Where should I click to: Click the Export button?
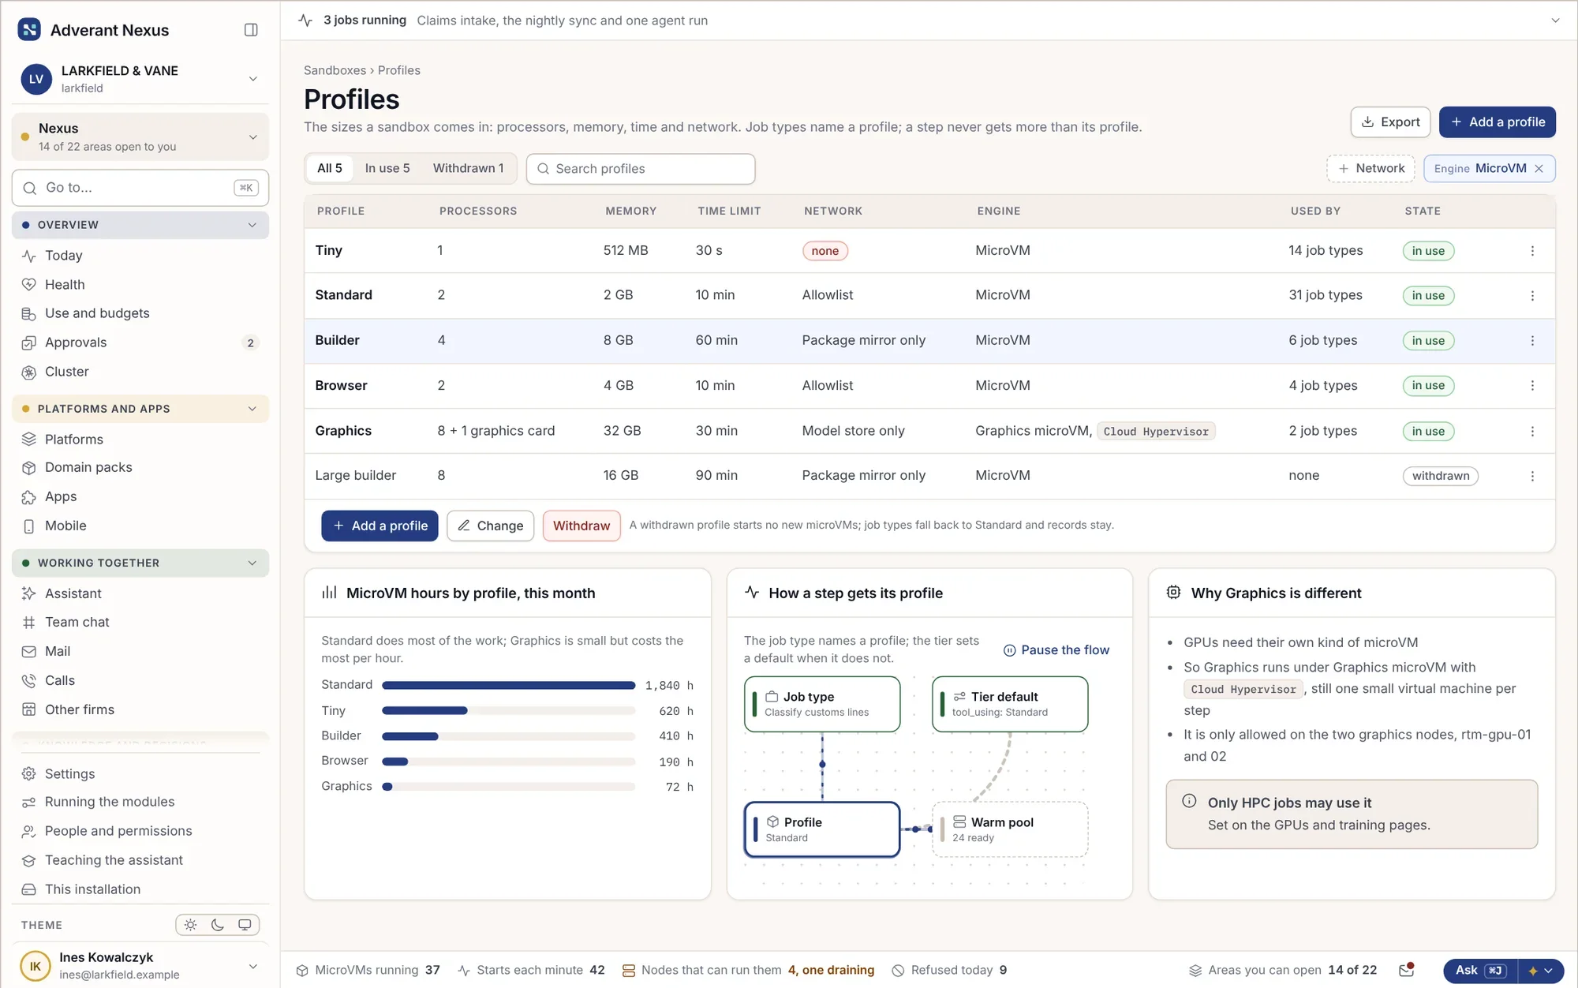1390,122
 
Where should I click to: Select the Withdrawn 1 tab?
468,168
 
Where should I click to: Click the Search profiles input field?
641,169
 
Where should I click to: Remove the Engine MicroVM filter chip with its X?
1539,168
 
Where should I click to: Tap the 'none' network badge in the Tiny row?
825,251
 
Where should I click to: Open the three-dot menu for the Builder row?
1532,341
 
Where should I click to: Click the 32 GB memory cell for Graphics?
622,431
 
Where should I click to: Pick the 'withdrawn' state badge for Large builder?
1440,476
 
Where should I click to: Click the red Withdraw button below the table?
581,526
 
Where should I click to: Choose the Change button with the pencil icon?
490,526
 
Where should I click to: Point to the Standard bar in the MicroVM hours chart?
509,685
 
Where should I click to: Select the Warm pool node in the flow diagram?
1009,829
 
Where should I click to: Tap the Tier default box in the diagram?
1010,704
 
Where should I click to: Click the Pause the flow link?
1056,650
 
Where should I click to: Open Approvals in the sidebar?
76,342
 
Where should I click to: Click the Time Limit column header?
729,211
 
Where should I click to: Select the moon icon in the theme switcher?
218,925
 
